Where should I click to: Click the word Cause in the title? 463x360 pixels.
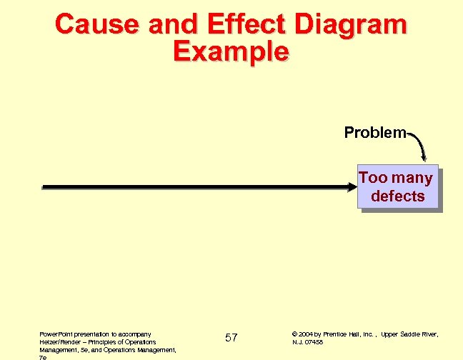[95, 25]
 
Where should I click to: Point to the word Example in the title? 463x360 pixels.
[231, 51]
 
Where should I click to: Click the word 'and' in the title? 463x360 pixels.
[169, 25]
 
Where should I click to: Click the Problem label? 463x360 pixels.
[374, 133]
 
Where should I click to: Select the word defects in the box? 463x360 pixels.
[398, 196]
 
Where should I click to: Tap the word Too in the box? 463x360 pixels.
[372, 178]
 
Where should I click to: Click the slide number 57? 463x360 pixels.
[231, 337]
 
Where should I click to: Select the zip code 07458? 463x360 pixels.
[314, 342]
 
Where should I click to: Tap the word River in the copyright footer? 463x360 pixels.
[431, 334]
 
